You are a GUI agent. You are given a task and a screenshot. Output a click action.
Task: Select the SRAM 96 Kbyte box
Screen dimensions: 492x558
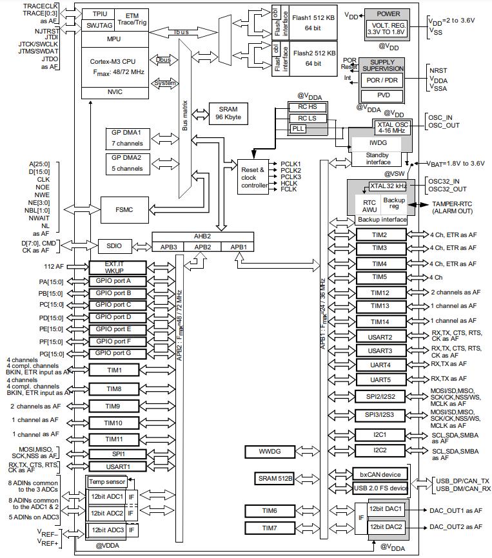tap(228, 113)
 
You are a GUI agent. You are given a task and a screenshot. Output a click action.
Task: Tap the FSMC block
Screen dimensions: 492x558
tap(124, 210)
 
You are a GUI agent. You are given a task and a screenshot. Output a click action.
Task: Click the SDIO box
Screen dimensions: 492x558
tap(114, 246)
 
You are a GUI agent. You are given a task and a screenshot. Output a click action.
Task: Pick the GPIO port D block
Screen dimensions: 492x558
tap(117, 317)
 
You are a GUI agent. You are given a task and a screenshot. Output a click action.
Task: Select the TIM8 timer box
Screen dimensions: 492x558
tap(114, 389)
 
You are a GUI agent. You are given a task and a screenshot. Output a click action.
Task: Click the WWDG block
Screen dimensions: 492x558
tap(270, 452)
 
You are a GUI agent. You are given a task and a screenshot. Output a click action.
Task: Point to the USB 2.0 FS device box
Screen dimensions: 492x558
tap(380, 488)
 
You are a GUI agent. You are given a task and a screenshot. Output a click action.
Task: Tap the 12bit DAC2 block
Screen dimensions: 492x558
tap(386, 527)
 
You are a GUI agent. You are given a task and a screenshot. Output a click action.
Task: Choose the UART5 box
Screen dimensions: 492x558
tap(380, 380)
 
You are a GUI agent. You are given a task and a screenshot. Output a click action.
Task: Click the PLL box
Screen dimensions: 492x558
tap(298, 129)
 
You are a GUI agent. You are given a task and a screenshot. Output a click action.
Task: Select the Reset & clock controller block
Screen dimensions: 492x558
tap(253, 177)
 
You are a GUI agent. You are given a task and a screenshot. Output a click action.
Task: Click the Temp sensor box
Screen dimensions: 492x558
tap(107, 482)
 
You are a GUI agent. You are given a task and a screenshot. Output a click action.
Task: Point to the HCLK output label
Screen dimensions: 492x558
tap(289, 183)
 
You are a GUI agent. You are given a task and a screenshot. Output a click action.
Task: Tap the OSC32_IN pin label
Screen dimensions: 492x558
tap(444, 182)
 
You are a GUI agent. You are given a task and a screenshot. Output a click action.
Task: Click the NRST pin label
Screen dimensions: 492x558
tap(438, 70)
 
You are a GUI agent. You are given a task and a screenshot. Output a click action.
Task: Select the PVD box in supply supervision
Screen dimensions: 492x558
tap(382, 96)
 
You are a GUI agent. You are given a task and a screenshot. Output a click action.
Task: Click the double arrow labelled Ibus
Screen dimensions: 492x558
tap(183, 32)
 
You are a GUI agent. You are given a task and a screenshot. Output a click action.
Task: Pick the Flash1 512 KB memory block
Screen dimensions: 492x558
tap(313, 23)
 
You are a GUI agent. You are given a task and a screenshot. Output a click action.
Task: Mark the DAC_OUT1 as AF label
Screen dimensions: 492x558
tap(456, 511)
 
